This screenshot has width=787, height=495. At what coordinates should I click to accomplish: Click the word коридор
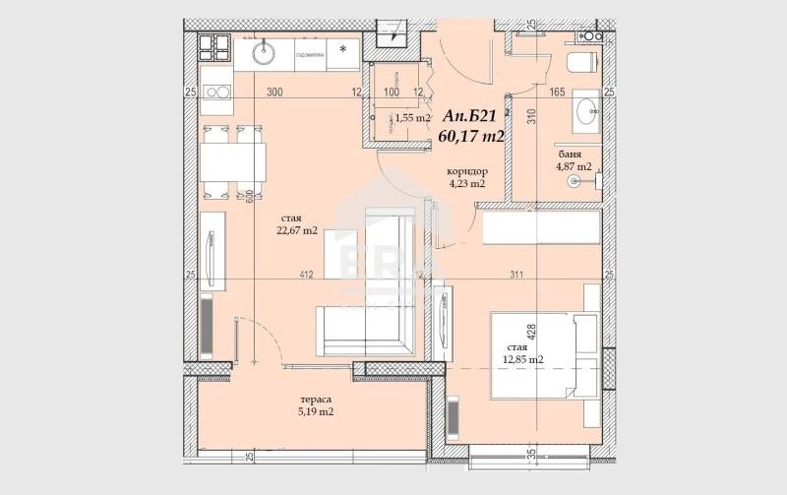pyautogui.click(x=467, y=169)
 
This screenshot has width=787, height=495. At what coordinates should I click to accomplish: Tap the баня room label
pyautogui.click(x=569, y=155)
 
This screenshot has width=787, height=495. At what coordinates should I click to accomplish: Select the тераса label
pyautogui.click(x=316, y=400)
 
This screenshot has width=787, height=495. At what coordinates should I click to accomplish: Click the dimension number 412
pyautogui.click(x=305, y=276)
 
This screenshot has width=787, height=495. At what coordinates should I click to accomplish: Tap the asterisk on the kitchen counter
pyautogui.click(x=342, y=47)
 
